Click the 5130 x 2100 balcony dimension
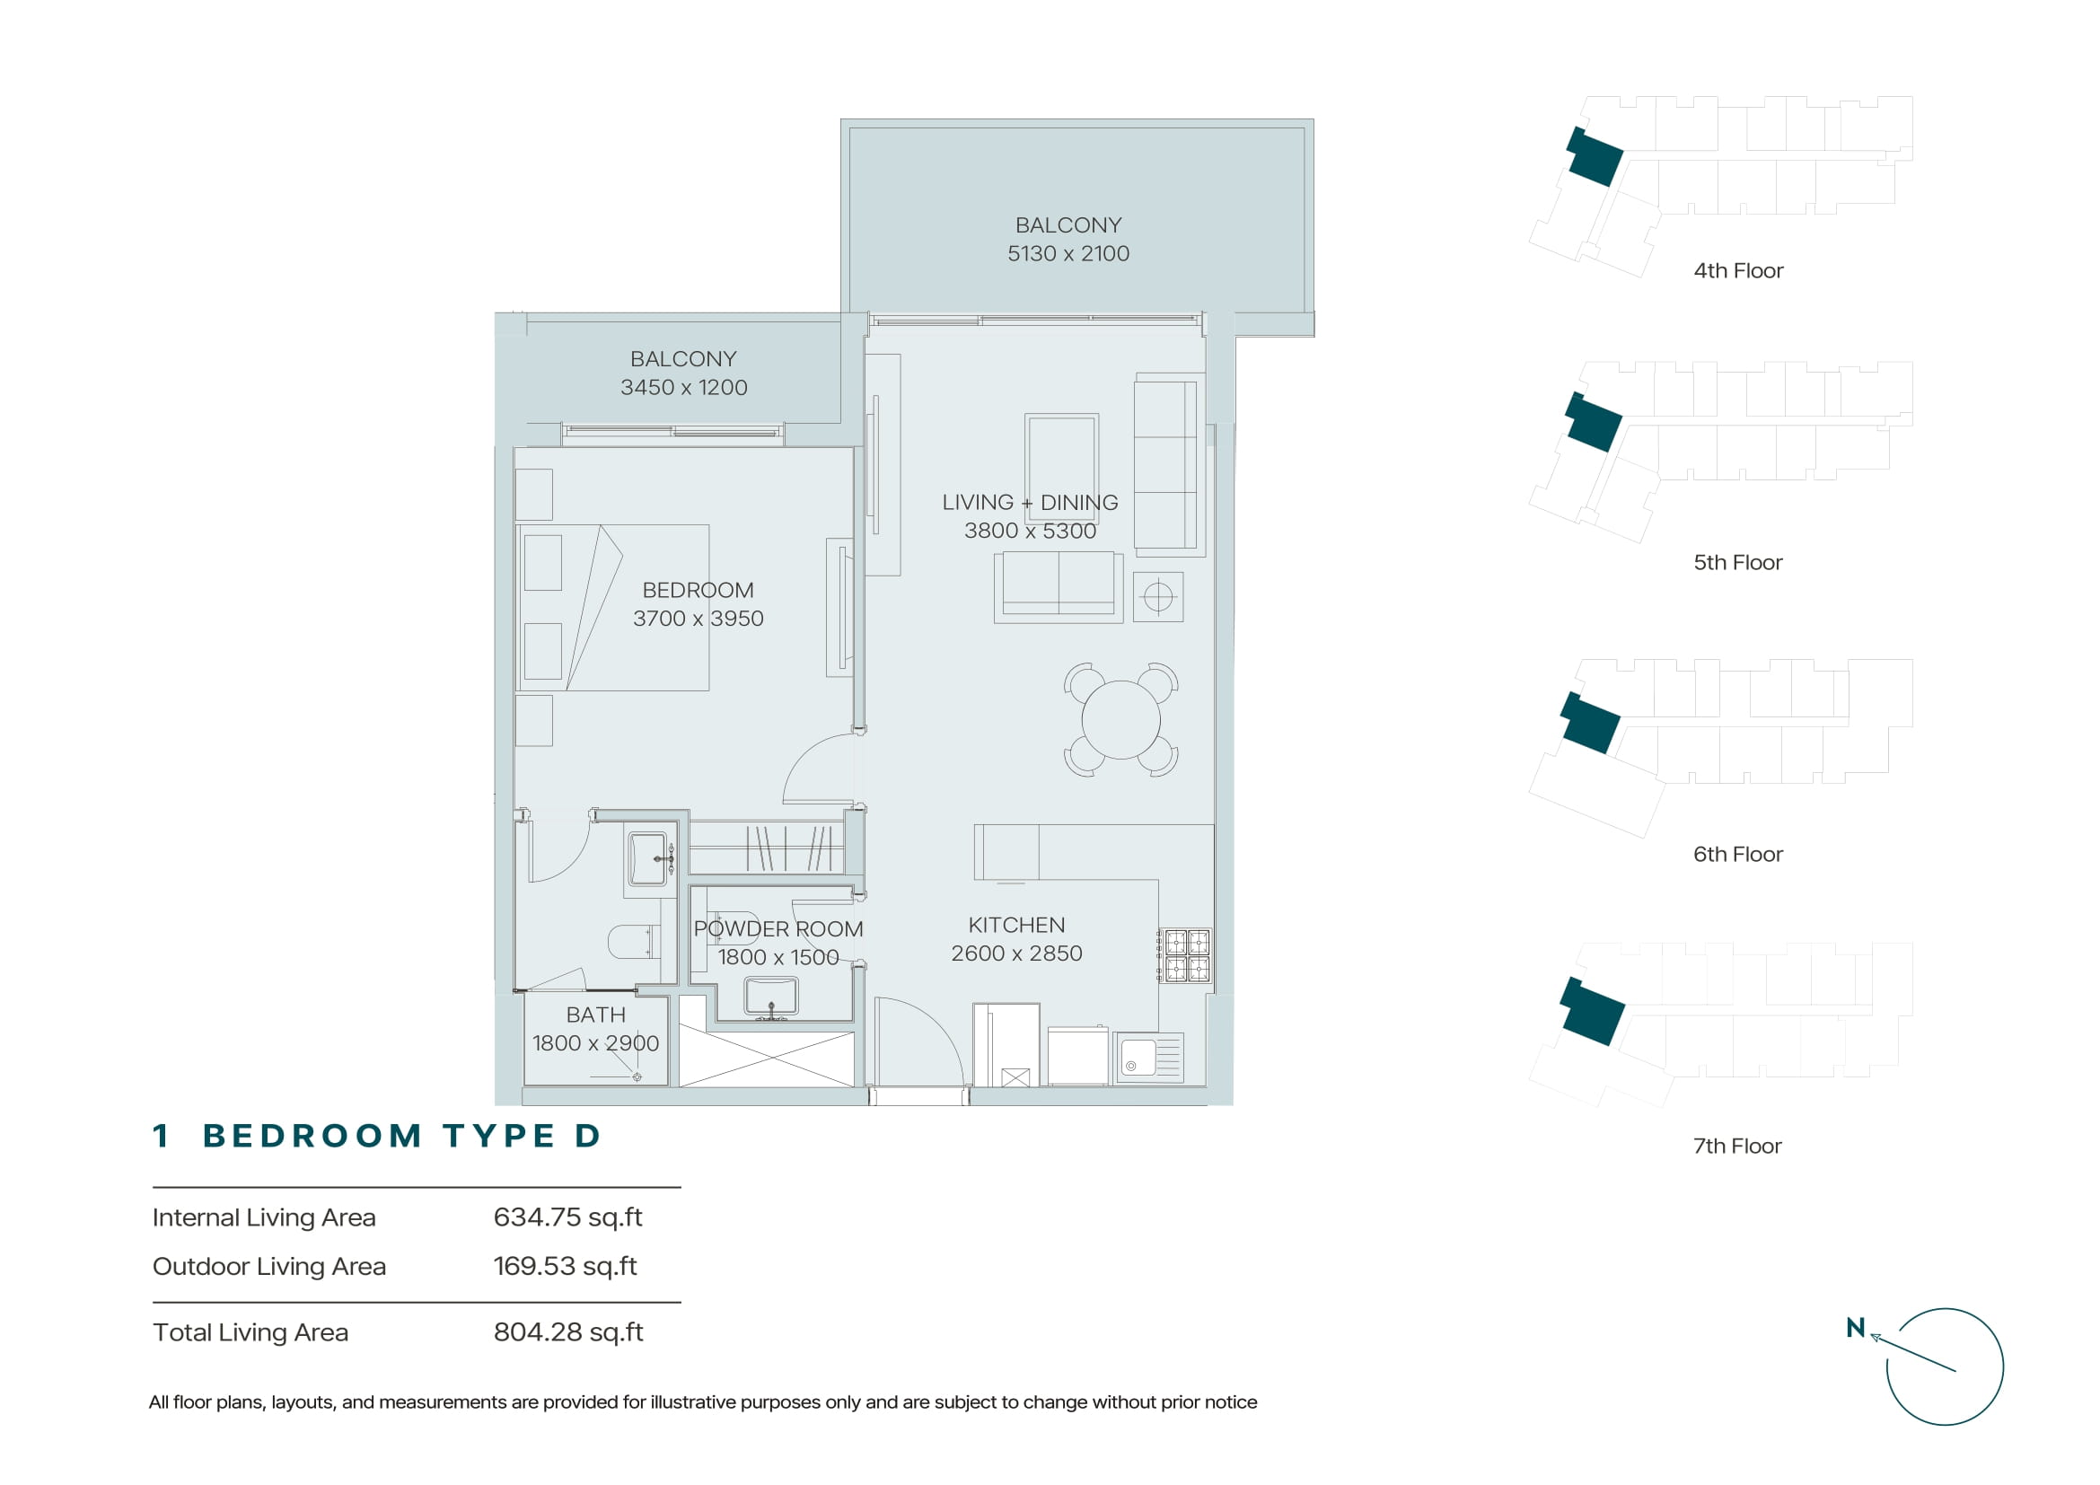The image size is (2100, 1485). pos(1068,253)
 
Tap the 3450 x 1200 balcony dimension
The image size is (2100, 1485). pos(684,388)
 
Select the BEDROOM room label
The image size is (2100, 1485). pos(698,590)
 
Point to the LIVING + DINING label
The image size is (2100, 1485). pos(1030,502)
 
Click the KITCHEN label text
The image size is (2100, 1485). pos(1016,925)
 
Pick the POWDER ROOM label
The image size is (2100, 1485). pos(778,929)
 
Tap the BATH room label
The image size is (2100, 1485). pos(595,1015)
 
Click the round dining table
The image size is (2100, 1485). pos(1120,720)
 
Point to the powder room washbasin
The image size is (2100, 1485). pos(771,996)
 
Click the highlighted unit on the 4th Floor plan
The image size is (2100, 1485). pos(1595,157)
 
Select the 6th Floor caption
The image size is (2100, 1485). pos(1738,854)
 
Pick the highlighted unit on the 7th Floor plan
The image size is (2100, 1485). pos(1592,1011)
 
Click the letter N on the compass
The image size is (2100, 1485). pos(1855,1328)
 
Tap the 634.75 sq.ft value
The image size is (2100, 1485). pos(568,1217)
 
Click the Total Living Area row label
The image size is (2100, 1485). pos(250,1332)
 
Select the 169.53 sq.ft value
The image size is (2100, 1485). pos(566,1266)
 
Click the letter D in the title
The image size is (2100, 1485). pos(586,1136)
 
